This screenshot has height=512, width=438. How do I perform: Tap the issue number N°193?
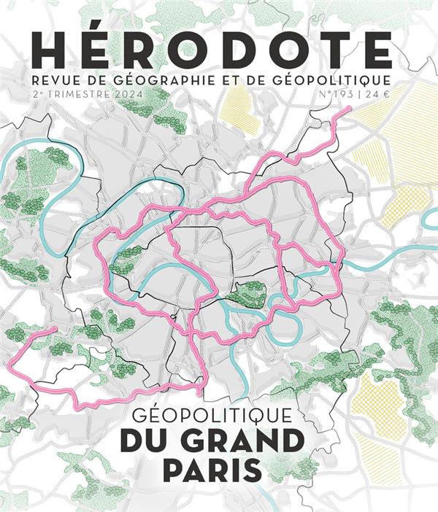(337, 95)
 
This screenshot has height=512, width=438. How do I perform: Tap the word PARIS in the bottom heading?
(212, 469)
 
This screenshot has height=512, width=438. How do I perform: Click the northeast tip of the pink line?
(349, 109)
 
